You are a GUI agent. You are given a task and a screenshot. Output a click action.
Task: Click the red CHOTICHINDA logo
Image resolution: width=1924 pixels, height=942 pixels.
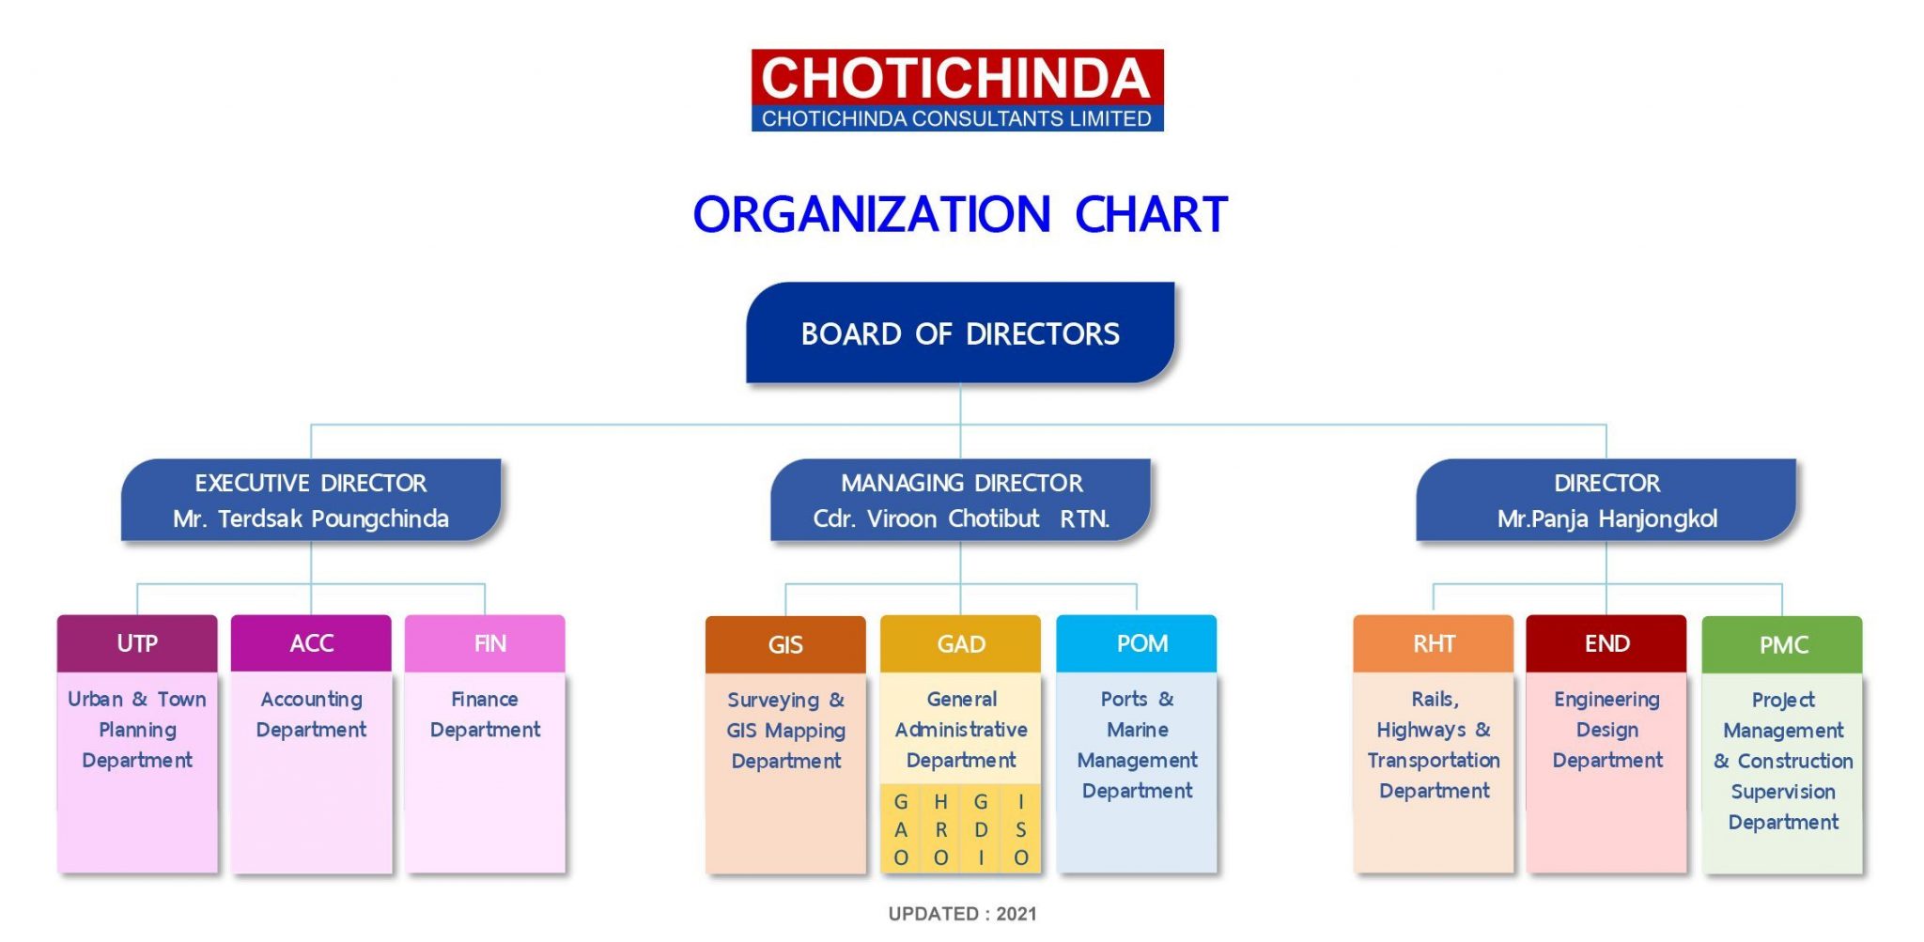click(957, 90)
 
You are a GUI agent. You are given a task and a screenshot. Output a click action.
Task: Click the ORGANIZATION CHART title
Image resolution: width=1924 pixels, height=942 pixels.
click(960, 215)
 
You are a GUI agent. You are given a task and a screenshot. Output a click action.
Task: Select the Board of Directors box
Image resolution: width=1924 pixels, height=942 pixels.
click(960, 332)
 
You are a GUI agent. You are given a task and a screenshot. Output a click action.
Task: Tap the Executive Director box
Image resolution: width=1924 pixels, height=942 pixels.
click(311, 500)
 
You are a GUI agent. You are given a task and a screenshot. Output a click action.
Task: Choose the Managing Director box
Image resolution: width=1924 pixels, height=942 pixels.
click(960, 500)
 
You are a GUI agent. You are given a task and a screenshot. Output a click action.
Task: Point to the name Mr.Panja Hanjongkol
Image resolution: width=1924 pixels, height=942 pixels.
click(1606, 518)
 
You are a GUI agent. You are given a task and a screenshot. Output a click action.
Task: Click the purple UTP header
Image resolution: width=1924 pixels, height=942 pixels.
click(137, 643)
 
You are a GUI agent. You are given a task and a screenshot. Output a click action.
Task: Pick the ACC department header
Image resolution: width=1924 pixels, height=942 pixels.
click(311, 643)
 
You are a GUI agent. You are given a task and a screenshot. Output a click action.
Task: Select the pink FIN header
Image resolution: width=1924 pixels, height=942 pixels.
click(485, 643)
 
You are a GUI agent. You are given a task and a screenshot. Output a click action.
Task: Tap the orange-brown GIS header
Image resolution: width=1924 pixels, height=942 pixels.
click(785, 644)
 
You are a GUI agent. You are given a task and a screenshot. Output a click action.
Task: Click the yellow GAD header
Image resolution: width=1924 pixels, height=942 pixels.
click(960, 643)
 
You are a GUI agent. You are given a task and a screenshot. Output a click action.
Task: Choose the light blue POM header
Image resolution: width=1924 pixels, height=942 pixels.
click(1137, 643)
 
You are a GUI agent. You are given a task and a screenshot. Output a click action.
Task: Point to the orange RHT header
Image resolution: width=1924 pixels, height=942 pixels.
click(1434, 643)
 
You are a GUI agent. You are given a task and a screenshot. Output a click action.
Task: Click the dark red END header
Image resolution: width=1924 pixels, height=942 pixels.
click(1606, 643)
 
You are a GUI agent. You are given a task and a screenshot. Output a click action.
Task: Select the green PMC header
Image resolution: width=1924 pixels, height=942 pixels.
click(1782, 644)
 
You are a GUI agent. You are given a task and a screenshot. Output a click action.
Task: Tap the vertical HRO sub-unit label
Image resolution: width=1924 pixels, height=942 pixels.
click(940, 829)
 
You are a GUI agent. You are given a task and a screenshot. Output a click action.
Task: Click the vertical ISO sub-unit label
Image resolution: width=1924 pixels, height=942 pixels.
click(1021, 829)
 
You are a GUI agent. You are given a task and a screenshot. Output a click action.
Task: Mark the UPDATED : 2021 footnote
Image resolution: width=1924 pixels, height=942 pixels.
click(962, 914)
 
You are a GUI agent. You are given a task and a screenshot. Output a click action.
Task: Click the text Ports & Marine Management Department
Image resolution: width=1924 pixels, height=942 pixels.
click(1137, 745)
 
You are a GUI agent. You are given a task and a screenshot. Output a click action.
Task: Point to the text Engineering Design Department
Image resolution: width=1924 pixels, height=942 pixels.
click(1606, 730)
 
